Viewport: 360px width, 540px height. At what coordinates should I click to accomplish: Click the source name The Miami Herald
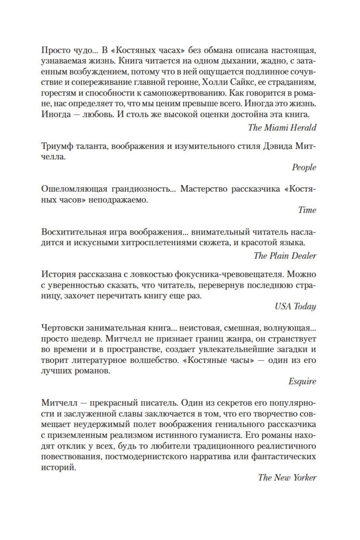tap(282, 127)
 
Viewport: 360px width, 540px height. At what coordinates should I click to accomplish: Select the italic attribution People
tap(304, 167)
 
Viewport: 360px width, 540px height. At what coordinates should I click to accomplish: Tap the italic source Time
tap(307, 210)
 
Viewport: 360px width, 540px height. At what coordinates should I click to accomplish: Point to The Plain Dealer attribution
tap(285, 256)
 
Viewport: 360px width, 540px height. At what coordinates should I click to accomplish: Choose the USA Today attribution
tap(295, 306)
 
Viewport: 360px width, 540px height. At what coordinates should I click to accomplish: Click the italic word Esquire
tap(302, 381)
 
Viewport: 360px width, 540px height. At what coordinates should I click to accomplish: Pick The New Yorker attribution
tap(287, 477)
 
